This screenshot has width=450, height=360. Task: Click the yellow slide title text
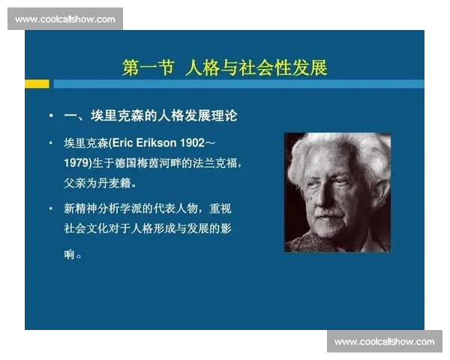click(x=224, y=67)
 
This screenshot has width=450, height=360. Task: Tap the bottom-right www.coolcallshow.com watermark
click(x=384, y=342)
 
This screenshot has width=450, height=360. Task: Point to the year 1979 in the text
click(x=77, y=162)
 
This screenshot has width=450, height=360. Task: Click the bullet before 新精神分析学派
click(x=50, y=208)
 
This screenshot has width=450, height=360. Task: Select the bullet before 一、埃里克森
click(x=50, y=116)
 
